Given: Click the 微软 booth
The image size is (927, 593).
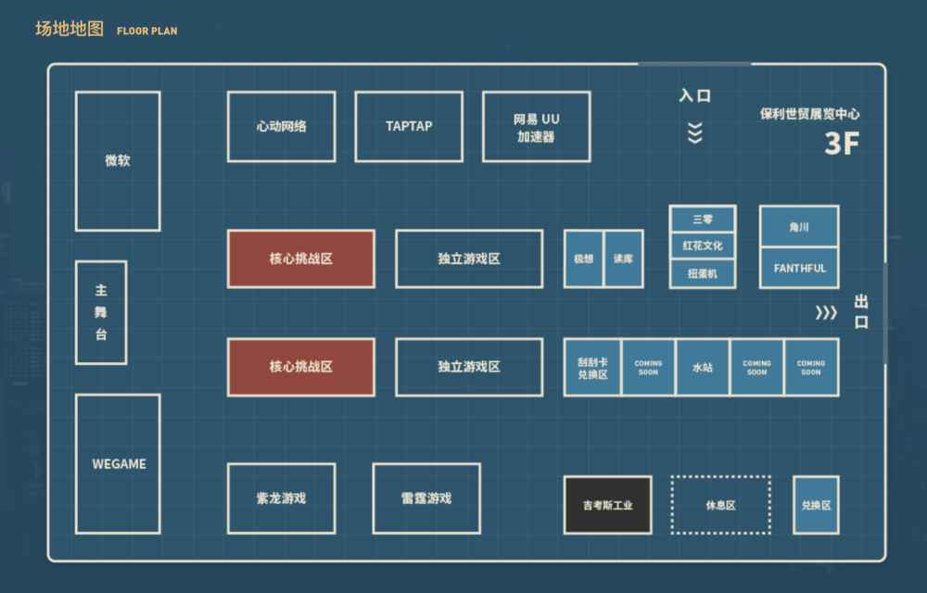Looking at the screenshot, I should tap(118, 160).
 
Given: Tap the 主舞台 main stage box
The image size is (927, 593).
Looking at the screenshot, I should tap(101, 312).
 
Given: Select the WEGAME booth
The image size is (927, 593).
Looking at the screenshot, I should tap(118, 463).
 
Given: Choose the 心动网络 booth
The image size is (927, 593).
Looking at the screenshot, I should tap(281, 126).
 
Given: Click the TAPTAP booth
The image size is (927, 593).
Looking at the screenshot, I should tap(409, 126).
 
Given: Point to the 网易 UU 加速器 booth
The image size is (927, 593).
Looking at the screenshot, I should tap(536, 127).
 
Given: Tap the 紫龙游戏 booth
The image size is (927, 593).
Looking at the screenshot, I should tap(281, 498).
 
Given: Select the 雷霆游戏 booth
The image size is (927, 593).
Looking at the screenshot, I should tap(426, 498).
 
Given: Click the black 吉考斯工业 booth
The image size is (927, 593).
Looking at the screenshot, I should tap(608, 505).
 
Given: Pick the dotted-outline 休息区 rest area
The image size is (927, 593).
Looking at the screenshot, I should tap(720, 505).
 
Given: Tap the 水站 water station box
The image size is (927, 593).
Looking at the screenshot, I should tap(703, 367).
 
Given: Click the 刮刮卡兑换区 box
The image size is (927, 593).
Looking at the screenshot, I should tap(592, 367).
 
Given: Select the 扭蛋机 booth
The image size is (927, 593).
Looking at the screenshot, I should tap(703, 273).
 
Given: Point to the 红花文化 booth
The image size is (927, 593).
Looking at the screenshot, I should tap(703, 246).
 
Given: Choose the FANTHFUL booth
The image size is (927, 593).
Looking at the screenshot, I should tap(799, 268).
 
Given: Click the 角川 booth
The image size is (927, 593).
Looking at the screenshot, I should tap(799, 226).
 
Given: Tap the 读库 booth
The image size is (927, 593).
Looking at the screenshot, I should tap(623, 259).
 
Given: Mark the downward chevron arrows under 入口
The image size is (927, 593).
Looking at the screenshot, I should tap(694, 132).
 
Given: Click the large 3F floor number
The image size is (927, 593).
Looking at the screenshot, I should tap(842, 144).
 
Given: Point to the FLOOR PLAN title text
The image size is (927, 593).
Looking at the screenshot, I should tap(146, 31).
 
